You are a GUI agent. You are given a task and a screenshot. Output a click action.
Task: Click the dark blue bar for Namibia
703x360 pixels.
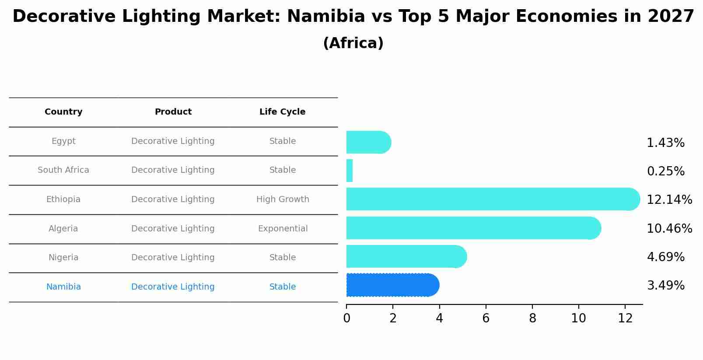tap(392, 285)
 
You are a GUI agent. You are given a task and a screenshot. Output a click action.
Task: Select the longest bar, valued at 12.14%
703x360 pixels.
tap(492, 199)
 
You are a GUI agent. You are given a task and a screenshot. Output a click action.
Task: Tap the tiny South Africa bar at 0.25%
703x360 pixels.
tap(350, 171)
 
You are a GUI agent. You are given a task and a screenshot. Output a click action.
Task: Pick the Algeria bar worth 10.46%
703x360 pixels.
tap(472, 228)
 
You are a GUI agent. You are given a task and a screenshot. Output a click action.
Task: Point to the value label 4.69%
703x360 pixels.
tap(665, 257)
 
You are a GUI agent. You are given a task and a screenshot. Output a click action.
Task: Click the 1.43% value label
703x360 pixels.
tap(665, 143)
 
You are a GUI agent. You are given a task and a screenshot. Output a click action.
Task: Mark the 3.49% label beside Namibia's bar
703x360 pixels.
tap(665, 286)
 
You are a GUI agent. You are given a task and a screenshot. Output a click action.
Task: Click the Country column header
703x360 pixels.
tap(63, 112)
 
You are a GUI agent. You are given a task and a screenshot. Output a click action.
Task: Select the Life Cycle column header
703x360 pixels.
tap(282, 112)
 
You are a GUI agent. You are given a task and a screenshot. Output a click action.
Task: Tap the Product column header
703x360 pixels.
tap(173, 112)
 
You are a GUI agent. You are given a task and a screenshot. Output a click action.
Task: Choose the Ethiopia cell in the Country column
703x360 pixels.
tap(63, 199)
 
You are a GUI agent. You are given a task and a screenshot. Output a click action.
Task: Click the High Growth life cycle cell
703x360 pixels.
tap(283, 199)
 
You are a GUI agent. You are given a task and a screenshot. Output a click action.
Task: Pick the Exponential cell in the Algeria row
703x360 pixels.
tap(283, 229)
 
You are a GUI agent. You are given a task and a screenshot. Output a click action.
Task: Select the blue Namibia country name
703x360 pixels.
tap(63, 287)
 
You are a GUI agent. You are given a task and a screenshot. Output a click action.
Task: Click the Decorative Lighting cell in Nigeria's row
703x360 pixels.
tap(173, 258)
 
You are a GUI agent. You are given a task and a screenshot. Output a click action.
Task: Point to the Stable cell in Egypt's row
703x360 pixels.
tap(283, 141)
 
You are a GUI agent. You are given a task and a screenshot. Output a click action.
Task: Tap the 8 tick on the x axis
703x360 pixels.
tap(532, 318)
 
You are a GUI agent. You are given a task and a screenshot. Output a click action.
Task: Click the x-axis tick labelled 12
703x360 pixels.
tap(625, 318)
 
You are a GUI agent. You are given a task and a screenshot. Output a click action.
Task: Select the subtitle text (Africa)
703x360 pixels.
tap(353, 43)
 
